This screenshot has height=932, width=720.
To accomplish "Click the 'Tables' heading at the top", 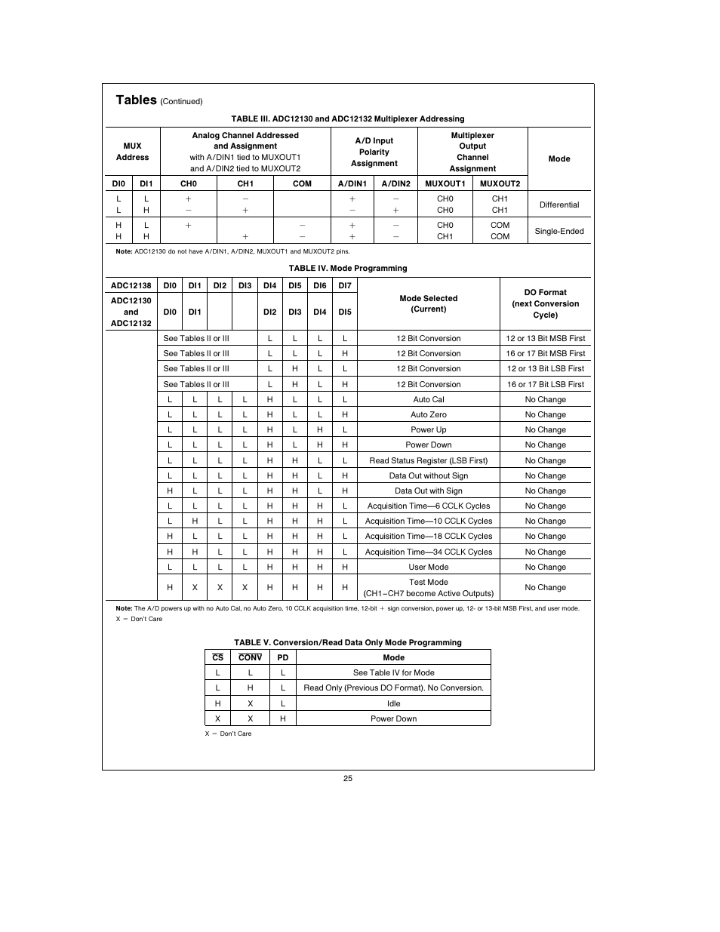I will [x=137, y=100].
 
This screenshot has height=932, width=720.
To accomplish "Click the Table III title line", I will [x=347, y=118].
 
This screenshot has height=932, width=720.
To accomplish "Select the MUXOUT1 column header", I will [x=445, y=183].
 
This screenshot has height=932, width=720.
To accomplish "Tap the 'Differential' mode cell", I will [x=559, y=205].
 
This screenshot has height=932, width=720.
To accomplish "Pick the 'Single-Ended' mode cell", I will [x=559, y=231].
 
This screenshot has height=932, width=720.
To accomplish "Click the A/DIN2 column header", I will [x=395, y=183].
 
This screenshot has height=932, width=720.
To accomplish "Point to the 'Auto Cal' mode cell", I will [x=428, y=399].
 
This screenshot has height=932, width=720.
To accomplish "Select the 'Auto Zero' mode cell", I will [x=428, y=414].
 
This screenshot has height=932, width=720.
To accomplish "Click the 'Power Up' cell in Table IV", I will [x=428, y=429].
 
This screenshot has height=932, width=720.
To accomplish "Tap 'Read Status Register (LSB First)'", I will [x=428, y=460].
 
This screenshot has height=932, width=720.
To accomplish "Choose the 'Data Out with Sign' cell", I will [x=428, y=491].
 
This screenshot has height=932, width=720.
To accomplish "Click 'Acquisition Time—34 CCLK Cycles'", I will [x=428, y=552].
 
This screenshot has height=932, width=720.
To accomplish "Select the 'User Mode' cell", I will [x=428, y=567].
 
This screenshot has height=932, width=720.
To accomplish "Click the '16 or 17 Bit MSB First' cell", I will [x=545, y=353].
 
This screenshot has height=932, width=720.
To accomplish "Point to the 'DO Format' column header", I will [x=545, y=303].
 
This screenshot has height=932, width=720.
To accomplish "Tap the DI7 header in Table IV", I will [x=345, y=285].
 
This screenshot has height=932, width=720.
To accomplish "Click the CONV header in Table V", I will [x=250, y=657].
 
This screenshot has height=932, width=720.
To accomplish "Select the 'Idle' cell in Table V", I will [x=393, y=703].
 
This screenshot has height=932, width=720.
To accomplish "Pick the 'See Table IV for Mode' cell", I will [x=393, y=672].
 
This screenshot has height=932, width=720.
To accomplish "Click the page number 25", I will [x=348, y=778].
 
